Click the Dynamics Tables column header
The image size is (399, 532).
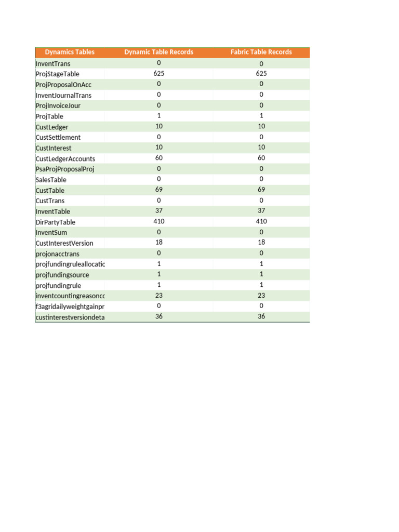70,52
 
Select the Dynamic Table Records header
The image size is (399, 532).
158,52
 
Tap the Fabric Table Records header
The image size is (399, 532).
261,52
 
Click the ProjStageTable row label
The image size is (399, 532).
58,74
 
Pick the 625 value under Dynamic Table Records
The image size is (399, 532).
159,74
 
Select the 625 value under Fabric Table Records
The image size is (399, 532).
261,74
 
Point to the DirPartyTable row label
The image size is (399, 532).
56,222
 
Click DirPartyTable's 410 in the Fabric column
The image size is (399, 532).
261,222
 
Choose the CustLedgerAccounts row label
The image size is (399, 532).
65,159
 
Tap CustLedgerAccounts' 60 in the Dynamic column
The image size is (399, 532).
159,158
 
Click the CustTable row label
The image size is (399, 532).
50,191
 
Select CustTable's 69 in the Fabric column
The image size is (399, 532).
261,190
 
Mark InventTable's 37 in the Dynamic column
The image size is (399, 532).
159,211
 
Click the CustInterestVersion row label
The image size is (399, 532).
64,243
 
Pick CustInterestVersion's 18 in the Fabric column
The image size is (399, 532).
261,243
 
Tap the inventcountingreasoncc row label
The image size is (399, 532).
70,296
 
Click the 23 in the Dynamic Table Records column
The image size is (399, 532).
159,295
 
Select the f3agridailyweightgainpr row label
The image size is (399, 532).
70,307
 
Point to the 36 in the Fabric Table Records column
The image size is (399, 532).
261,316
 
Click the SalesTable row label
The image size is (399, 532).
51,180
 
